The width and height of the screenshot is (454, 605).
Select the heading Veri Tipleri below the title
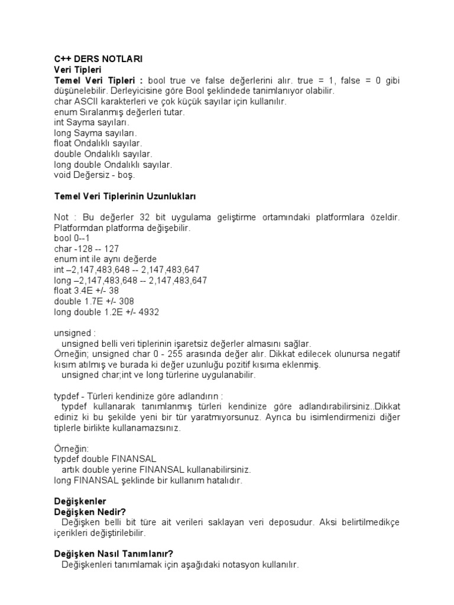pos(78,70)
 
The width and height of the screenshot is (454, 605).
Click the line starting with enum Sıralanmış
pos(111,112)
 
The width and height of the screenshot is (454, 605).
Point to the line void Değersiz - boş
pos(95,175)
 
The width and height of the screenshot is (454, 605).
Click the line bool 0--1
pos(72,238)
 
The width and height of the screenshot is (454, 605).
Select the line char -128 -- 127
pos(86,249)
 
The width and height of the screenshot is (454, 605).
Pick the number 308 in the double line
pos(127,301)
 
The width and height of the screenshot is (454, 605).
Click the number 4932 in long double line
pos(147,312)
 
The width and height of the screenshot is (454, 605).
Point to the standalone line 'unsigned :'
pos(74,333)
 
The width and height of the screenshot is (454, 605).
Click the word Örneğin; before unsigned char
pos(73,354)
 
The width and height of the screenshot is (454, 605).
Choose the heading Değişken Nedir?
pos(90,512)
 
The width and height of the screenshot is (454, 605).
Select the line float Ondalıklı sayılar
pos(98,144)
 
